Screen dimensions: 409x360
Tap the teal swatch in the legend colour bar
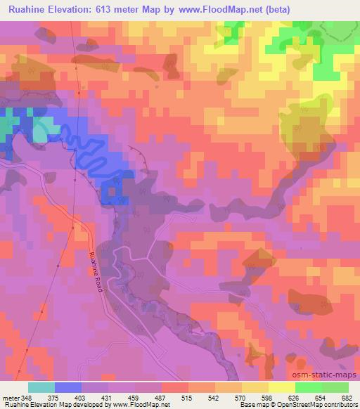click(x=41, y=387)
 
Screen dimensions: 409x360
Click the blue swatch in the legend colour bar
click(x=67, y=387)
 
